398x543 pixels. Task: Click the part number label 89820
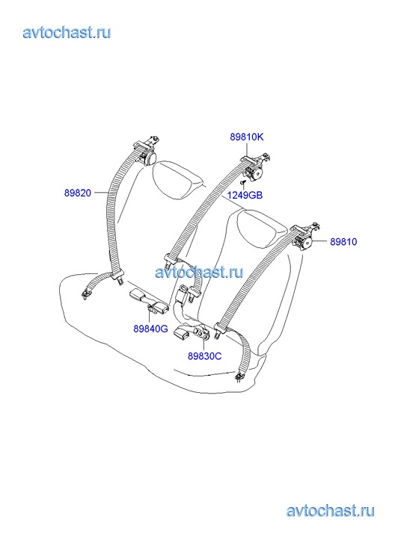[x=77, y=193]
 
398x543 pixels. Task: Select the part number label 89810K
[x=247, y=137]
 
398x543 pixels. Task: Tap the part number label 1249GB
[x=245, y=195]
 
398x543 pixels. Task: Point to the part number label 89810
[x=343, y=241]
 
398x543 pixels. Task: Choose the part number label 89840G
[x=150, y=329]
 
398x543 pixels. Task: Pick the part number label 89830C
[x=204, y=356]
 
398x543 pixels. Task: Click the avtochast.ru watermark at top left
[x=67, y=32]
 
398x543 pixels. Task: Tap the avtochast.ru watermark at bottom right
[x=331, y=510]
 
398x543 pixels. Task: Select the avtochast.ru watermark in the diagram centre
[x=199, y=272]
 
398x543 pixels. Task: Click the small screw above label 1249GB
[x=242, y=181]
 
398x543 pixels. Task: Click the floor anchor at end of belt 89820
[x=85, y=294]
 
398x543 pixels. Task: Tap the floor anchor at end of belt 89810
[x=239, y=376]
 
